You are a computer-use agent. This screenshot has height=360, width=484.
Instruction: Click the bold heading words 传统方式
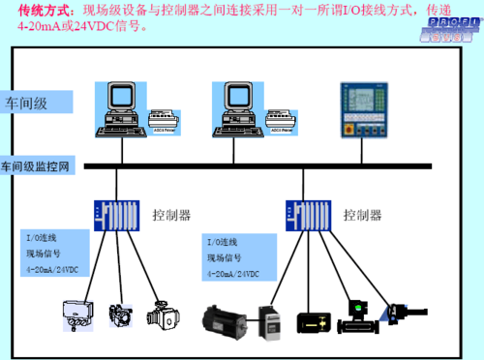pos(40,10)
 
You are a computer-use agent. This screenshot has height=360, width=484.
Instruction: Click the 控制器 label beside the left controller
pos(171,213)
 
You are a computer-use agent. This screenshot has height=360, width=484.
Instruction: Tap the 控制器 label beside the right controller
pos(362,214)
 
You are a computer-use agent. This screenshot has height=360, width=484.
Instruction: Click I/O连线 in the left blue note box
pos(43,236)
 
